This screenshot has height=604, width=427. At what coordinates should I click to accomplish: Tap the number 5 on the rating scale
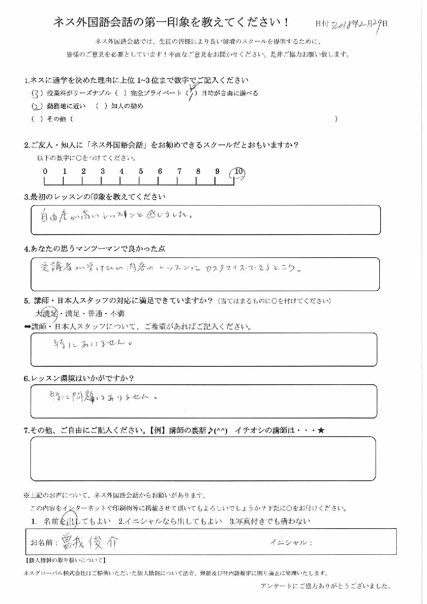(x=141, y=171)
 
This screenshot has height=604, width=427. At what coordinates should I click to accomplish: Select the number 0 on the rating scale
(x=45, y=171)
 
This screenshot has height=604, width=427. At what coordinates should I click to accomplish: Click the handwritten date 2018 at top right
(x=346, y=24)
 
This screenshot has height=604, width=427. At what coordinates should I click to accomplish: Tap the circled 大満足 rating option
(x=47, y=314)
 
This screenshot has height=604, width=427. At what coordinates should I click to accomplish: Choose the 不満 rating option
(x=117, y=314)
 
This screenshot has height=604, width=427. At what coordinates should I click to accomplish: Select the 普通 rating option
(x=95, y=314)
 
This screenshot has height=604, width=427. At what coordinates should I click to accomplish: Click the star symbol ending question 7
(x=321, y=430)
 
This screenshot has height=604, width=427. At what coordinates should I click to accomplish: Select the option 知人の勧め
(x=127, y=106)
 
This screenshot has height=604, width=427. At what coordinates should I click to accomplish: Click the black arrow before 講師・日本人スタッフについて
(x=27, y=327)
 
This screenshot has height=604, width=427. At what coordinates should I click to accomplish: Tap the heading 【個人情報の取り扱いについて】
(x=65, y=561)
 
